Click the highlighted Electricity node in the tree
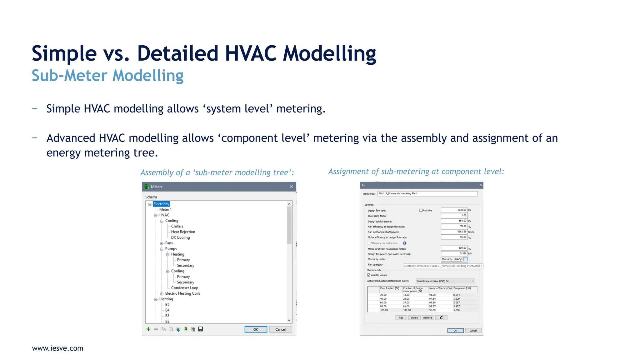point(161,204)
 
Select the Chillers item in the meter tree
point(177,226)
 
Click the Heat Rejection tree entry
point(183,232)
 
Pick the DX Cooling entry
point(180,237)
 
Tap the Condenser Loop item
point(184,288)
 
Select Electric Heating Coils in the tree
point(182,293)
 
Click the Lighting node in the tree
point(166,299)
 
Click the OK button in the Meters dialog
point(256,329)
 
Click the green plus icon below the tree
point(148,329)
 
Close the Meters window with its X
point(291,187)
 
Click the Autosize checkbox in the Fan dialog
point(421,210)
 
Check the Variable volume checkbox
point(369,275)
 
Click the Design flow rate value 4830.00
point(454,210)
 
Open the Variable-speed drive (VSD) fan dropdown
point(445,281)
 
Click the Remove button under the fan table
point(427,318)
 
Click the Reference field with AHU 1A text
point(427,194)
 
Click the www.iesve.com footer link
point(57,348)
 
